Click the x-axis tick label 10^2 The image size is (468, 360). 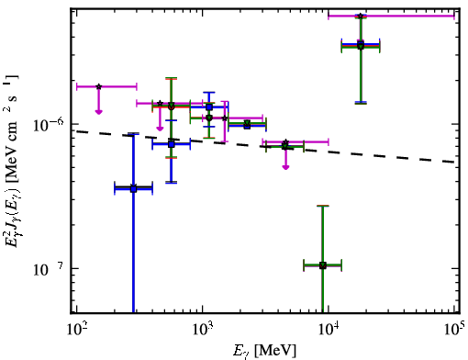pos(76,331)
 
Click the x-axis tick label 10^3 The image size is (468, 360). pos(202,331)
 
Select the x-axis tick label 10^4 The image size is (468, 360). pos(329,331)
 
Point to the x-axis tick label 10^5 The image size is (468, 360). pos(454,331)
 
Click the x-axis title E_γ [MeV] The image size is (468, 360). pos(264,351)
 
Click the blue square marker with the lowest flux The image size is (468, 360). pos(133,189)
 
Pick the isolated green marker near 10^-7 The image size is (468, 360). pos(323,265)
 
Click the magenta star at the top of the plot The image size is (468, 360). pos(361,16)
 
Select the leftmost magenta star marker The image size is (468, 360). pos(98,86)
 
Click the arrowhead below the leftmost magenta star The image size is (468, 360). pos(98,112)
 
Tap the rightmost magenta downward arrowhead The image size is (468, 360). pos(285,167)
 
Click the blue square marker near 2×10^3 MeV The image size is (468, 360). pos(247,126)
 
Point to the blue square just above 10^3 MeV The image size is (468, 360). pos(209,107)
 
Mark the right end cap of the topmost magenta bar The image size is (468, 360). pos(454,16)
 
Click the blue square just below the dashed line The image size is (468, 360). pos(172,144)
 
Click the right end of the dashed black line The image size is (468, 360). pos(454,162)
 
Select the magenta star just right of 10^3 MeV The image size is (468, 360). pos(225,118)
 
